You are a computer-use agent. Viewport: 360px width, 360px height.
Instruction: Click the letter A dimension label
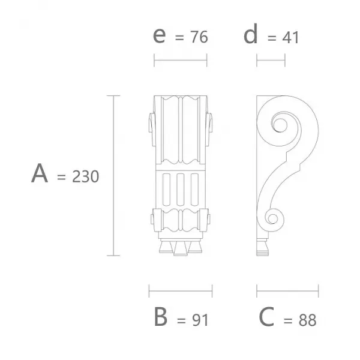pyautogui.click(x=40, y=173)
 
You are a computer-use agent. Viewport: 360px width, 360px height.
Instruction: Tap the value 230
pyautogui.click(x=85, y=176)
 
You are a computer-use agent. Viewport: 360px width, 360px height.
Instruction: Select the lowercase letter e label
pyautogui.click(x=159, y=35)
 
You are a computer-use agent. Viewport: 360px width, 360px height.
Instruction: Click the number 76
pyautogui.click(x=199, y=37)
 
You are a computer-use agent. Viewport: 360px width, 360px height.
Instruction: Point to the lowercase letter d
pyautogui.click(x=250, y=34)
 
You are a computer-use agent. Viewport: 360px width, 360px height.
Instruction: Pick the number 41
pyautogui.click(x=290, y=37)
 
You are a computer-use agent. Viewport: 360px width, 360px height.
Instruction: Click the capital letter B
pyautogui.click(x=161, y=317)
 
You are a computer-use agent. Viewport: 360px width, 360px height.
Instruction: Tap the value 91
pyautogui.click(x=200, y=320)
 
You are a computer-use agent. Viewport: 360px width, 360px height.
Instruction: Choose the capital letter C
pyautogui.click(x=266, y=317)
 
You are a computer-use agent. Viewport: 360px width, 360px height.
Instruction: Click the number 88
pyautogui.click(x=308, y=320)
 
